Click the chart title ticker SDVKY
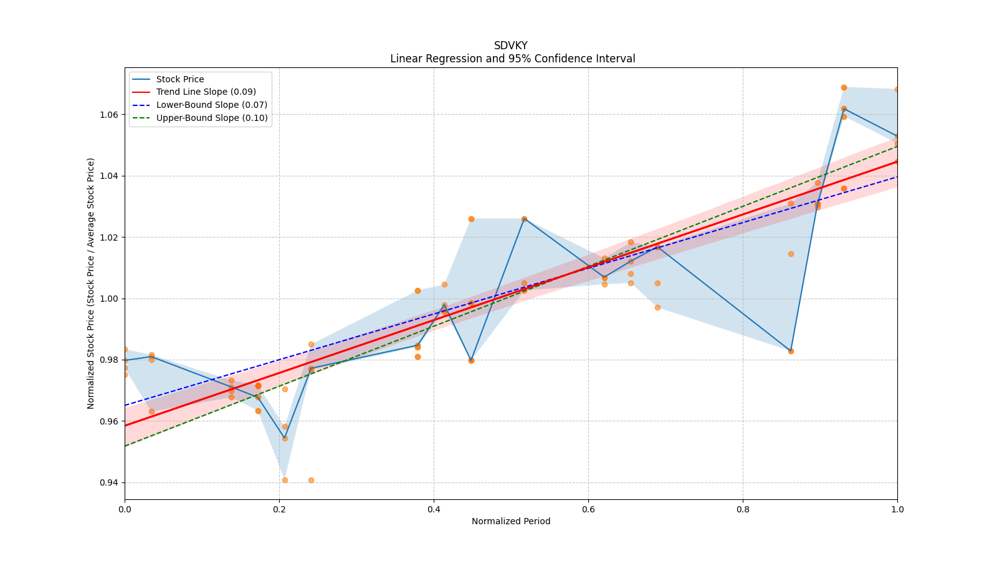point(510,46)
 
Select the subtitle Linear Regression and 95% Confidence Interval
point(512,59)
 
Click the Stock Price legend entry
point(180,79)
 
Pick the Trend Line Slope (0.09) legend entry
point(206,92)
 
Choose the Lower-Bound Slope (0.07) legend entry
point(211,105)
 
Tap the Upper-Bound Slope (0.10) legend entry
point(212,118)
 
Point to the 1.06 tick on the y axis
point(110,115)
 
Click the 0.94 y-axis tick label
point(110,482)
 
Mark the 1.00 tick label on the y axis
point(110,299)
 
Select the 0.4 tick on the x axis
point(434,509)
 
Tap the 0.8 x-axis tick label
point(743,509)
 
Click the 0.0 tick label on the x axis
point(125,509)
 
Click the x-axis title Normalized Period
point(511,521)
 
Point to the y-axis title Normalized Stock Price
point(91,283)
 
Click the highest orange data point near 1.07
point(844,87)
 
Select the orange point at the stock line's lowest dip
point(285,438)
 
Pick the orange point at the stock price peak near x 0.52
point(524,219)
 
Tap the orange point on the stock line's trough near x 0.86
point(791,351)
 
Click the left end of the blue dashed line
point(125,405)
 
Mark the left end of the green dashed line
point(125,446)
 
